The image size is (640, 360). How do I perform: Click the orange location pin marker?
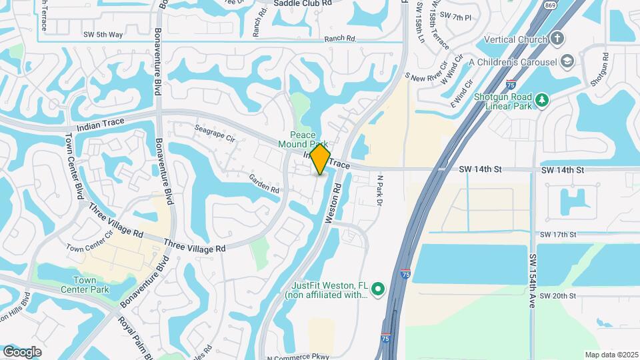point(320,159)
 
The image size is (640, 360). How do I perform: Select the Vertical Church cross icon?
point(558,39)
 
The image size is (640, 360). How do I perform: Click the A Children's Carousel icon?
point(567,61)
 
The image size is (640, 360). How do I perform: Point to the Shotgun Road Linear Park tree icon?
point(543,100)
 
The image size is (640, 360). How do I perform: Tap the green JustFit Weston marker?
point(378,289)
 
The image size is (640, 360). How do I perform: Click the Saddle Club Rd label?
point(303,3)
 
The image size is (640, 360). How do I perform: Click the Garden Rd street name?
point(264,183)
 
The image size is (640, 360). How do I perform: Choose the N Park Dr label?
point(381,190)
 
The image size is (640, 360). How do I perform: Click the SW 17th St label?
point(557,235)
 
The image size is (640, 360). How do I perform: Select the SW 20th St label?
point(557,295)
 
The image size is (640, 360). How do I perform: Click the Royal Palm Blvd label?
point(135,337)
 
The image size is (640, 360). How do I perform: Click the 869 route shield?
point(549,4)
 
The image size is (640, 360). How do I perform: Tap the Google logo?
point(22,351)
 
